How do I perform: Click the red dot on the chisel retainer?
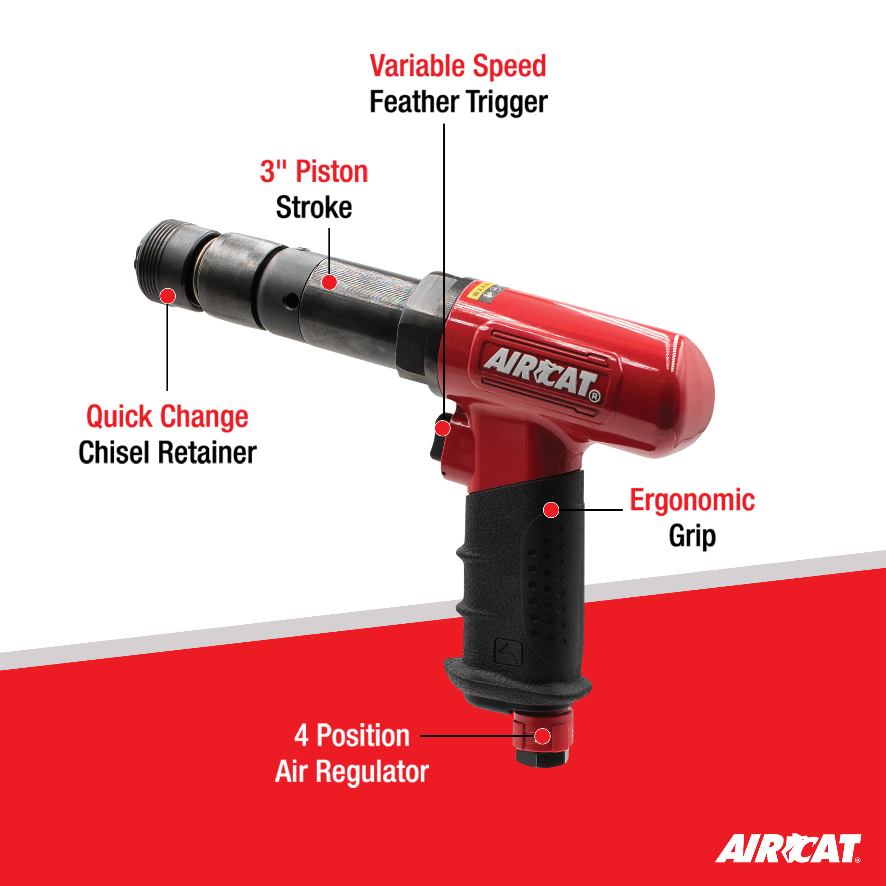(168, 296)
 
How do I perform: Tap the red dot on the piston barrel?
(329, 282)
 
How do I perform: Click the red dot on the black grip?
(551, 509)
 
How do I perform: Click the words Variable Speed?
(458, 66)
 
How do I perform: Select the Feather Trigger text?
(458, 102)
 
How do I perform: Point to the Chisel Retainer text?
(168, 453)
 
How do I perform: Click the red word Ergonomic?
(692, 500)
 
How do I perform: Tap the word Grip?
(692, 536)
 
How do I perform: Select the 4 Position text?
(352, 735)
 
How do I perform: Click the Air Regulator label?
(352, 771)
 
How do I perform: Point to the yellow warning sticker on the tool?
(481, 289)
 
